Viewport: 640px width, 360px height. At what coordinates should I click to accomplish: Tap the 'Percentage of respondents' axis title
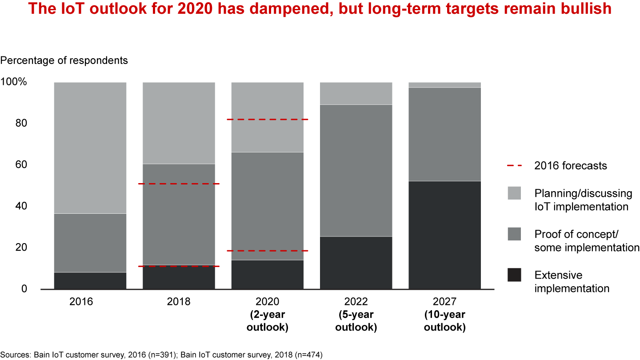(x=64, y=60)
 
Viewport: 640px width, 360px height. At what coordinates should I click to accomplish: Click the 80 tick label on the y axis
(x=21, y=124)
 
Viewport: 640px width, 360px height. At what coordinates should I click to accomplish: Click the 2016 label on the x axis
(x=81, y=302)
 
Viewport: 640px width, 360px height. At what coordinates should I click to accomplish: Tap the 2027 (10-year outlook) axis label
(x=444, y=314)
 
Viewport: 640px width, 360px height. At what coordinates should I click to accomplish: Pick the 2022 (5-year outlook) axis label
(x=356, y=314)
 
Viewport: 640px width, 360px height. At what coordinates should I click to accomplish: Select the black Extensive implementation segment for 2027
(x=444, y=235)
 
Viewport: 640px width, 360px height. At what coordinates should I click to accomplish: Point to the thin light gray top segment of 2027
(x=444, y=85)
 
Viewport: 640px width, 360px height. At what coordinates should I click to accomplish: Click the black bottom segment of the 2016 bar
(x=90, y=280)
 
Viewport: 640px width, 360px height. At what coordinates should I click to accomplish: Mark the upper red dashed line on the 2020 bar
(x=267, y=120)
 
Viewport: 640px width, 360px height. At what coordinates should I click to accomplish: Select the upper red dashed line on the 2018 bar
(x=179, y=184)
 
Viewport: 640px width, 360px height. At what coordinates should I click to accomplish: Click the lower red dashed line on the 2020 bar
(x=267, y=251)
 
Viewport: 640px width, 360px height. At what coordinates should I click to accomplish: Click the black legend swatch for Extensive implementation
(x=514, y=275)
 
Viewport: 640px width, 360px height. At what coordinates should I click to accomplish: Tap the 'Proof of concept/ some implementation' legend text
(x=586, y=241)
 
